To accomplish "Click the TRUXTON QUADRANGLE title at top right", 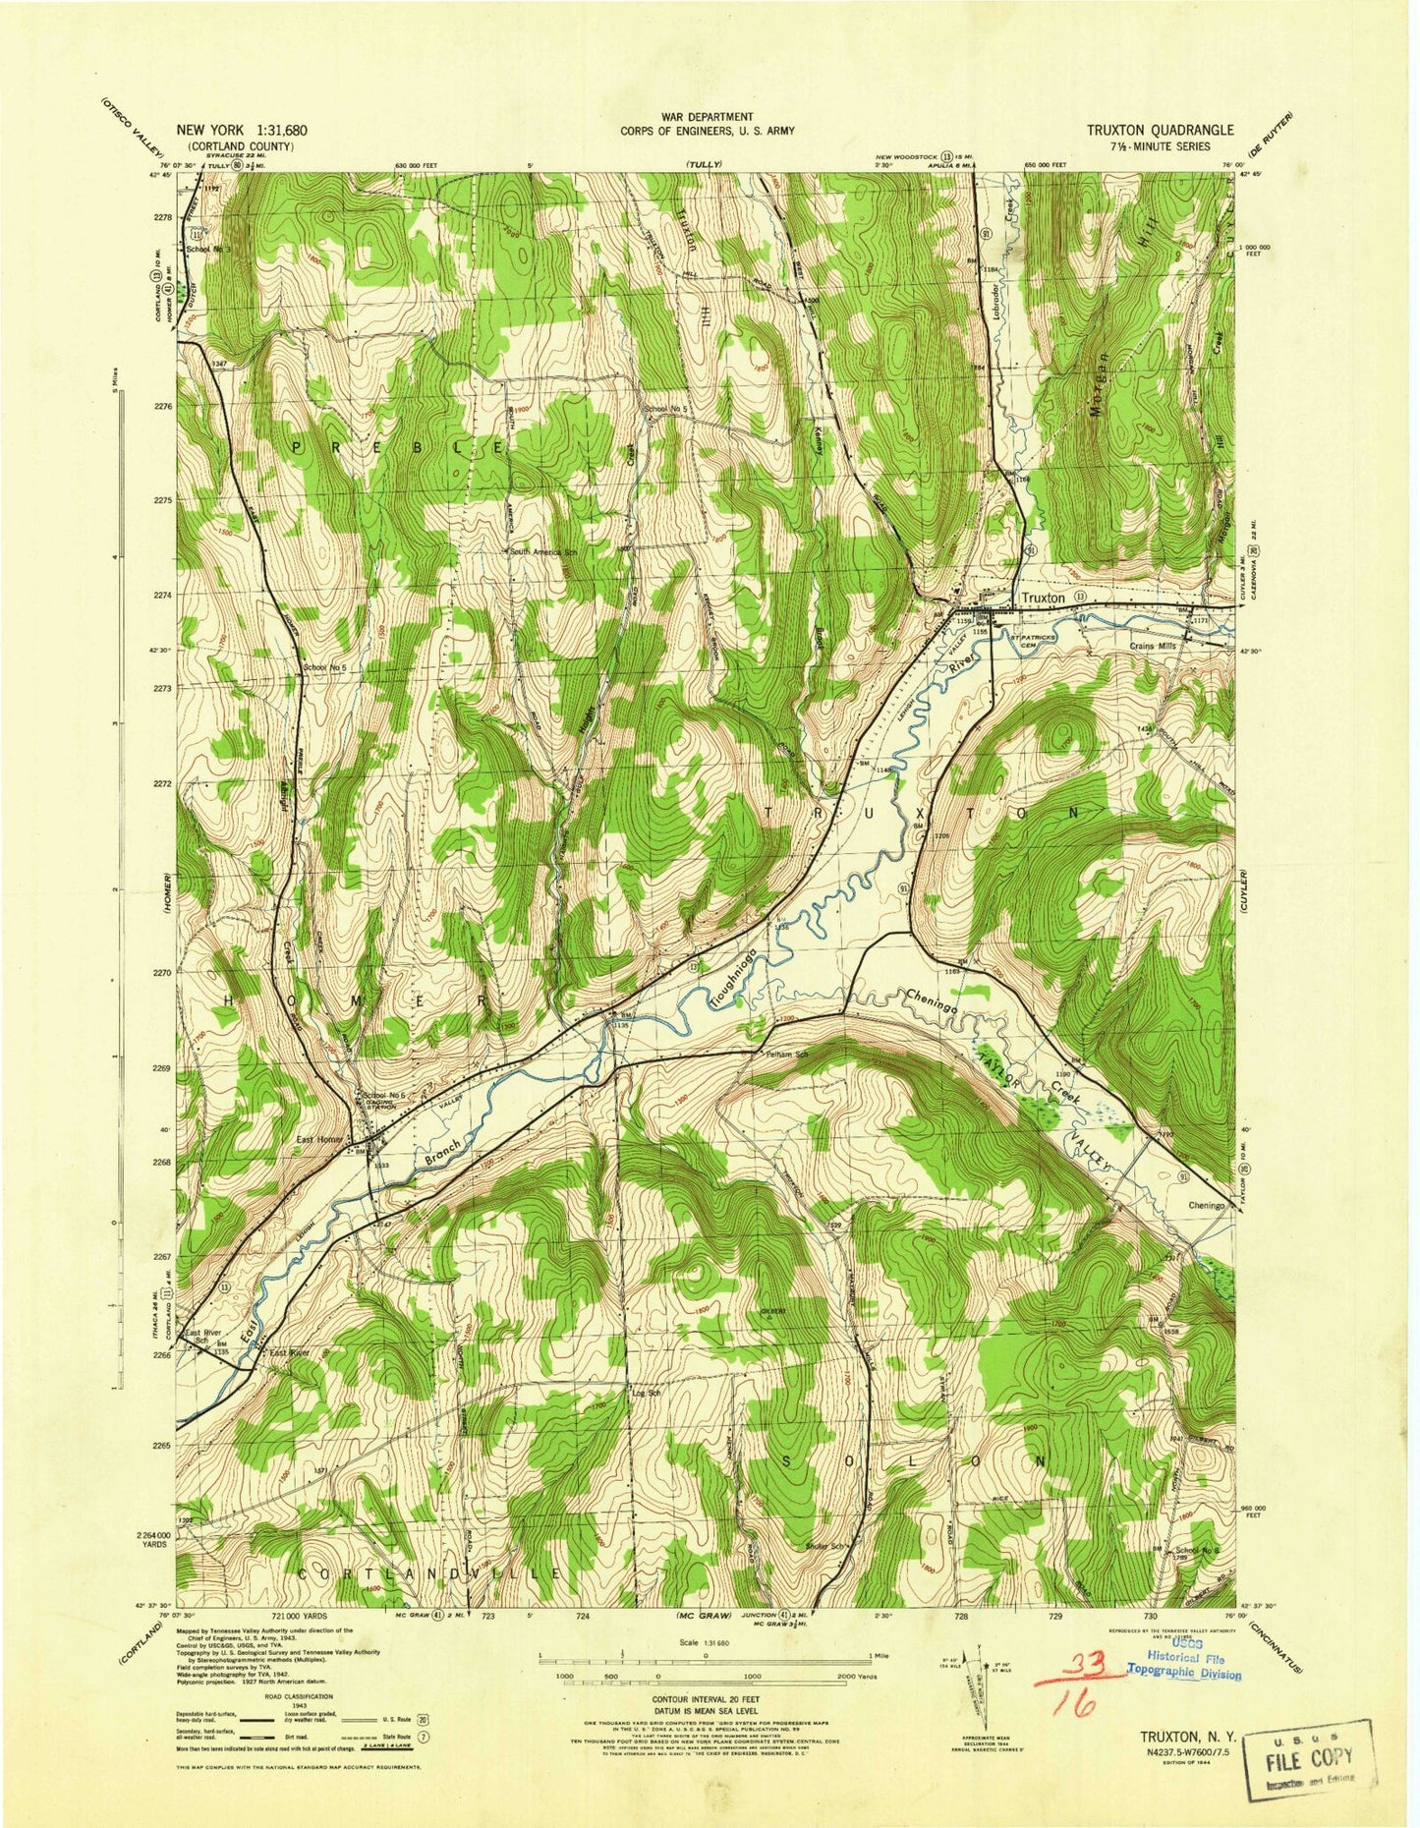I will click(x=1161, y=130).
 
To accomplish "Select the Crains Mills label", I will click(x=1154, y=646).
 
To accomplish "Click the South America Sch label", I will click(x=546, y=552).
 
